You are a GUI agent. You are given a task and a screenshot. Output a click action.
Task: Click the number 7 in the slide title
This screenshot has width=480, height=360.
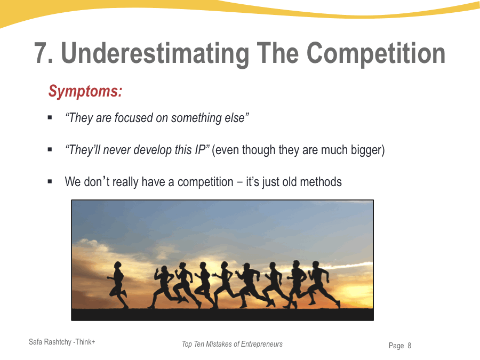click(41, 53)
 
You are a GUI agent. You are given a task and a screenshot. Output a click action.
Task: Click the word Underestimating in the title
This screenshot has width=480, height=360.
click(155, 54)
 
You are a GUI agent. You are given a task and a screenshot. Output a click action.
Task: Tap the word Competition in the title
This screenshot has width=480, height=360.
click(375, 53)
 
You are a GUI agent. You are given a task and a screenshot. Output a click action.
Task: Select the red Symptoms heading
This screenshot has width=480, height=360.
click(85, 91)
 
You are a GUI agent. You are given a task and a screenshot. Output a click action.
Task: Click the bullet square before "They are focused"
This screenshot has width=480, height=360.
click(50, 117)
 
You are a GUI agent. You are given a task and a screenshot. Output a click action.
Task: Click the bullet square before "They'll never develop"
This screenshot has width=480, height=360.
click(50, 149)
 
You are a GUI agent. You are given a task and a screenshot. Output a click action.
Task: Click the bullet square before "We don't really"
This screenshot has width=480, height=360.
click(50, 181)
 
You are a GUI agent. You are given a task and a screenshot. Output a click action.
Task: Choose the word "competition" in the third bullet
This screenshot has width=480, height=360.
click(205, 182)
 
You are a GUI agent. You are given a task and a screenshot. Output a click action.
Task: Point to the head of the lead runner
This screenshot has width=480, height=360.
click(117, 265)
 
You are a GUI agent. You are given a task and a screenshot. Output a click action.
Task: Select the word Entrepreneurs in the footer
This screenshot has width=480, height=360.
click(262, 344)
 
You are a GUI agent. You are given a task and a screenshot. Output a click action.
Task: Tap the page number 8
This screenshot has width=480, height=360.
click(409, 346)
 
